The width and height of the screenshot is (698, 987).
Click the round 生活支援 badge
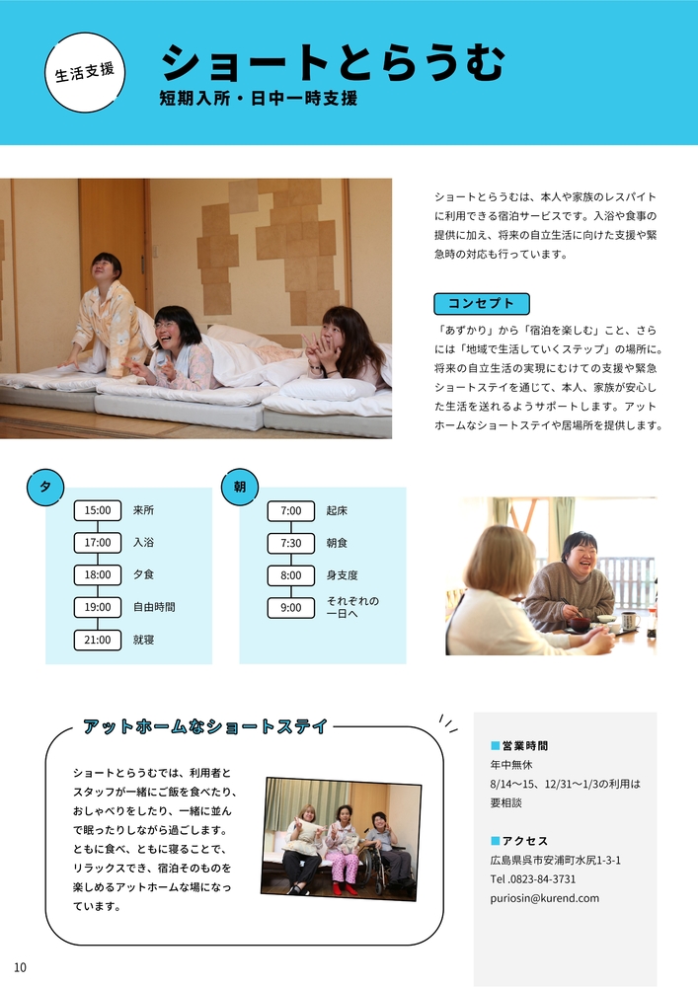click(85, 72)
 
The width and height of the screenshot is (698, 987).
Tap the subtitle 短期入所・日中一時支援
click(259, 98)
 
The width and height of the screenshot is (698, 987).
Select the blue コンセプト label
click(482, 303)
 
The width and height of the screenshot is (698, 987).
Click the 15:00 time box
click(98, 510)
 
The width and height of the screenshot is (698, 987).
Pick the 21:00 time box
click(98, 640)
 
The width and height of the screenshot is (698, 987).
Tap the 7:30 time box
click(291, 543)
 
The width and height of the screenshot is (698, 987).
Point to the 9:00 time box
click(291, 607)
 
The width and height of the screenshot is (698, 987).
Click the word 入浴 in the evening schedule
click(143, 542)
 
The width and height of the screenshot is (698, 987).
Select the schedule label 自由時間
click(154, 607)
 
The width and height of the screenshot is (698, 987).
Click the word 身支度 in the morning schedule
click(342, 574)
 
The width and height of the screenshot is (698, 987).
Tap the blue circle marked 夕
click(45, 487)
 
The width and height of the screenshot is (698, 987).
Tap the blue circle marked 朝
click(240, 487)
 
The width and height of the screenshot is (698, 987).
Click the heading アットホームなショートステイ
click(205, 726)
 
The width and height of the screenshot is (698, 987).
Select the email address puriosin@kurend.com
click(544, 898)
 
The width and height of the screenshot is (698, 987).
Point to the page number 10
click(20, 967)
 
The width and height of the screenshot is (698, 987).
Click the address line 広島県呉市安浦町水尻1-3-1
click(556, 860)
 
